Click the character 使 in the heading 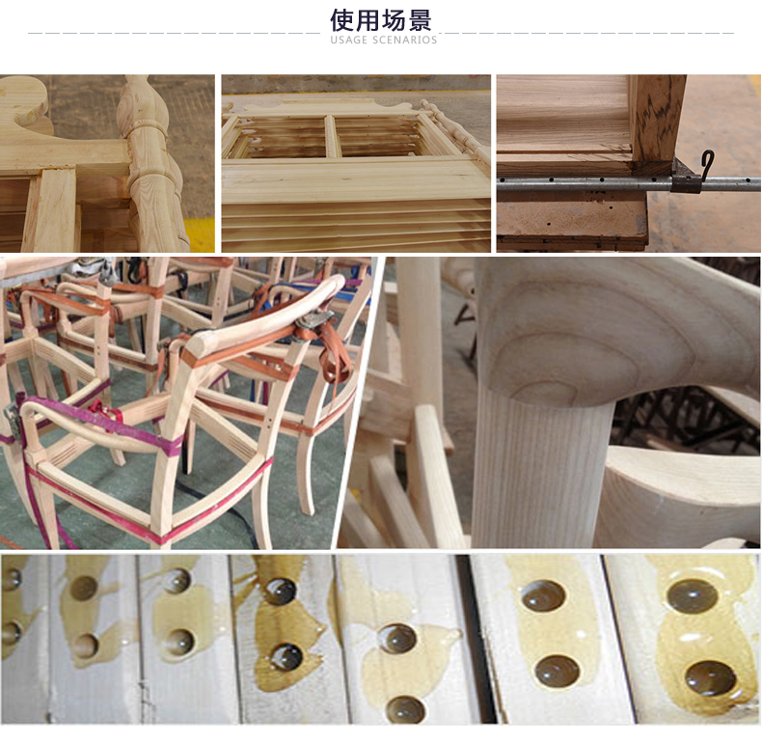click(342, 20)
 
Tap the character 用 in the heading click(367, 20)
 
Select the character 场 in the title click(394, 20)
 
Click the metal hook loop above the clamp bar click(708, 164)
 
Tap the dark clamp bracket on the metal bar click(686, 179)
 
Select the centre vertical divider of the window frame click(331, 136)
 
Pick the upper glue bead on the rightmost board click(692, 596)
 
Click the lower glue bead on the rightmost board click(711, 677)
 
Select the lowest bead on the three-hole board click(406, 709)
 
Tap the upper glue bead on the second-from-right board click(543, 595)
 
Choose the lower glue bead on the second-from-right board click(558, 671)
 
